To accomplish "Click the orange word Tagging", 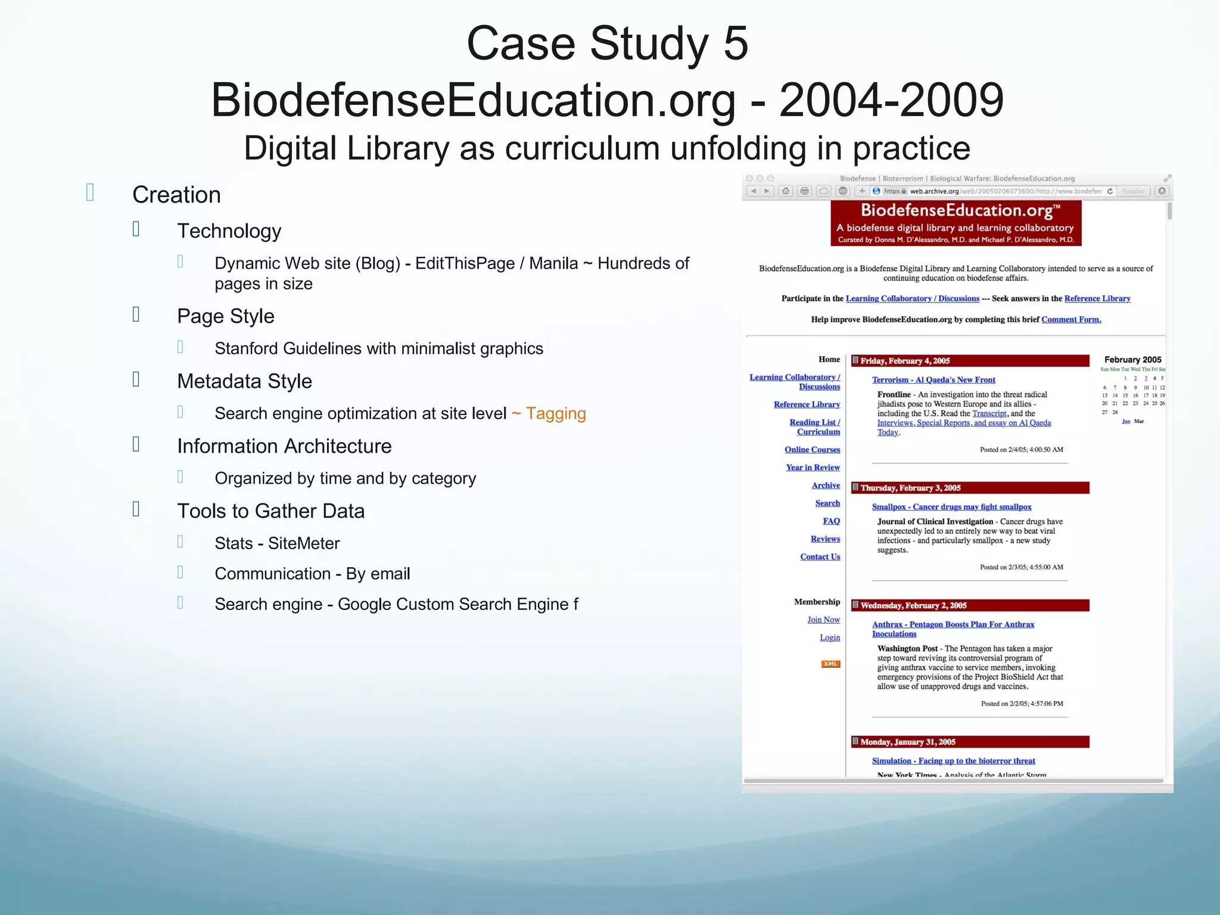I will click(x=555, y=413).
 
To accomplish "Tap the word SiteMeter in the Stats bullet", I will click(x=304, y=543).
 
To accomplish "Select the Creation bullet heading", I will click(x=176, y=195).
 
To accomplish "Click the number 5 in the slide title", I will click(x=736, y=43).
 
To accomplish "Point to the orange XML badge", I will click(x=830, y=664).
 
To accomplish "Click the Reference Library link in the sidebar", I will click(x=807, y=404).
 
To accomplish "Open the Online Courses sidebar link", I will click(x=812, y=450).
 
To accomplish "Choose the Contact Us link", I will click(x=820, y=557).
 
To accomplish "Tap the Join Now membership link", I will click(x=823, y=620).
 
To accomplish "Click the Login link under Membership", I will click(x=829, y=637).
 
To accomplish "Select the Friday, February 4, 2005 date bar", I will click(x=969, y=361).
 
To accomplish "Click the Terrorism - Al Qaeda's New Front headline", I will click(x=933, y=380).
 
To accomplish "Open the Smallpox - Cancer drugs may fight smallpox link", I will click(x=951, y=507).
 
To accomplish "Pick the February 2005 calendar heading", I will click(x=1132, y=360).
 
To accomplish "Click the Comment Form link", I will click(x=1070, y=320).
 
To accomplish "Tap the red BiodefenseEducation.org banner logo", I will click(x=956, y=223).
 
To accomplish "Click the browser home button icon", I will click(x=786, y=191).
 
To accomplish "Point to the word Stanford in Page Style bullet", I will click(x=246, y=348).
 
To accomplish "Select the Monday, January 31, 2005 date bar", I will click(x=969, y=742).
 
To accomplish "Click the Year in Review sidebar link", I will click(x=813, y=468).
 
